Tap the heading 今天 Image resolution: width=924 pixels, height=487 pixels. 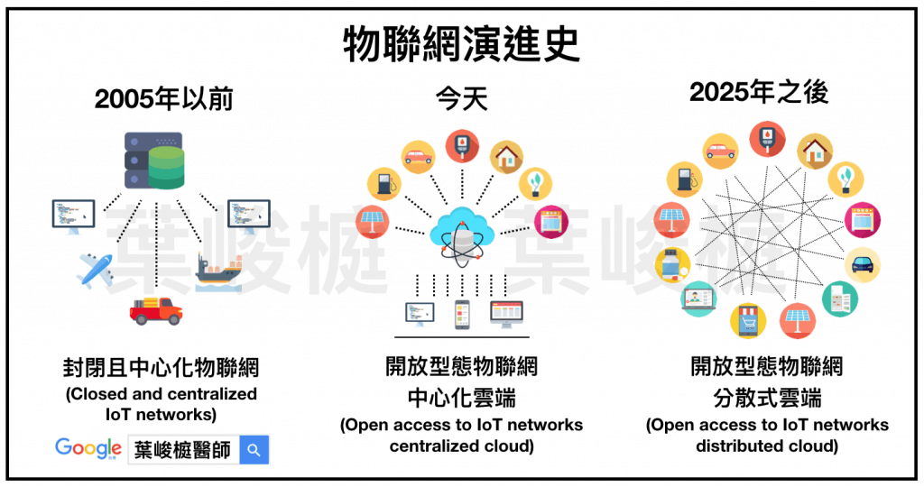(x=461, y=97)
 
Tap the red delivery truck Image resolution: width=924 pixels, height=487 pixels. (x=156, y=310)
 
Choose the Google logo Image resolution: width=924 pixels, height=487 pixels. (x=88, y=447)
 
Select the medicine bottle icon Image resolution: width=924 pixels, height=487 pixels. (x=673, y=265)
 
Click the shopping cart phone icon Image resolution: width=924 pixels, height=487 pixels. (x=748, y=319)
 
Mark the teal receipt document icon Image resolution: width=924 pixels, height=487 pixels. (x=840, y=299)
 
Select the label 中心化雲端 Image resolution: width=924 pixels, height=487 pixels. (x=461, y=398)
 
